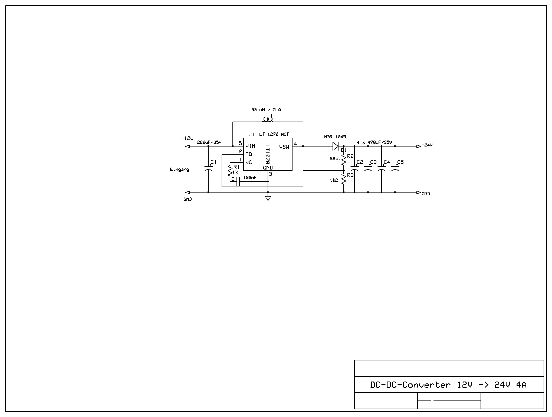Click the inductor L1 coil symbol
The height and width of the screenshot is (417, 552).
[x=268, y=120]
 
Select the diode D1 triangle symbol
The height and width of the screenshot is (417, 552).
[x=336, y=146]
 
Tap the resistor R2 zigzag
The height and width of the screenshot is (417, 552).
[x=344, y=160]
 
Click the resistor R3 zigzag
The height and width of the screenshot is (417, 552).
[x=344, y=179]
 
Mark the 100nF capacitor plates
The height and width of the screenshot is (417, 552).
[x=238, y=181]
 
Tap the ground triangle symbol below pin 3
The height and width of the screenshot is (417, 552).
[x=268, y=198]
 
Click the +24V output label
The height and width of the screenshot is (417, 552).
[x=427, y=145]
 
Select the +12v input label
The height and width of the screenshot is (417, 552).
[x=187, y=138]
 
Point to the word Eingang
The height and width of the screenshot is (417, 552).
[x=179, y=170]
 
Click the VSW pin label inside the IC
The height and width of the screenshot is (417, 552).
[x=284, y=147]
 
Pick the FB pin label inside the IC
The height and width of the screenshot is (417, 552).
[x=249, y=154]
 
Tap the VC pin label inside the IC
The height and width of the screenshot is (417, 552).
[x=249, y=162]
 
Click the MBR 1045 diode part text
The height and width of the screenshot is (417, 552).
[x=335, y=137]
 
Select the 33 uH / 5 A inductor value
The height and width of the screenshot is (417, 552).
[x=266, y=110]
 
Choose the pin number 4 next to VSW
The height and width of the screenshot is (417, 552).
[x=295, y=144]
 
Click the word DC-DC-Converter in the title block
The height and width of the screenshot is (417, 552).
[x=410, y=385]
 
